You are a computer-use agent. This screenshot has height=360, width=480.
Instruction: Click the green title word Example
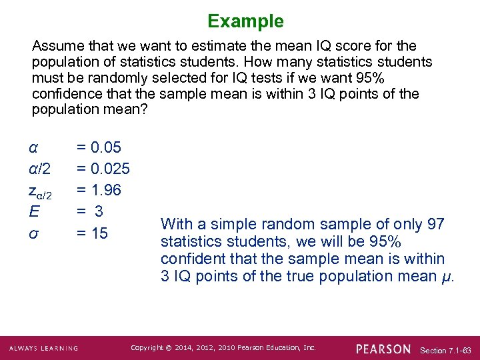pos(245,21)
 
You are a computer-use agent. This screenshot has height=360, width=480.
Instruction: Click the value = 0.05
pos(99,147)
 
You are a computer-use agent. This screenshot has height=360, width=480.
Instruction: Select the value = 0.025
pos(103,169)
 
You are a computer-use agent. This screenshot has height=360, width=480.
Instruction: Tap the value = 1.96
pos(99,190)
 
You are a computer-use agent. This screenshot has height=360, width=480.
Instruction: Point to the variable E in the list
pos(33,212)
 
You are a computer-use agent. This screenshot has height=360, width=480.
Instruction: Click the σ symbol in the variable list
pos(33,234)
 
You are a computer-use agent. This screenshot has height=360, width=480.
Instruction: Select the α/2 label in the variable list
pos(39,169)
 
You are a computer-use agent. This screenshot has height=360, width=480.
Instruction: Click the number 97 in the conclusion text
pos(435,224)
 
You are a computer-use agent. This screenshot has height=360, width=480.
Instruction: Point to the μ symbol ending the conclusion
pos(447,276)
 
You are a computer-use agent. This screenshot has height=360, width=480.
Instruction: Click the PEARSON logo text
pos(383,349)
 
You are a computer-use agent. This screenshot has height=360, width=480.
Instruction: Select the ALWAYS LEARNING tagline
pos(44,349)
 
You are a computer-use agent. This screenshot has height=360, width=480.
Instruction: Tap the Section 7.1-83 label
pos(446,350)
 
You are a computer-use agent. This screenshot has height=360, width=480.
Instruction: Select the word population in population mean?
pos(63,110)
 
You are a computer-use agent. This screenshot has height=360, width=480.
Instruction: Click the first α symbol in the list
pos(33,147)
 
